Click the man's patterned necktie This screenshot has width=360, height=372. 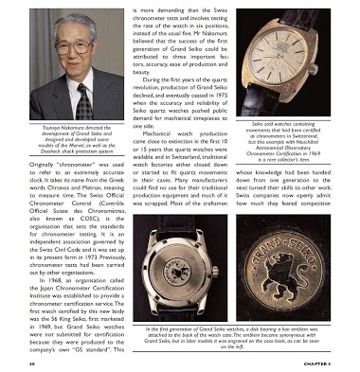click(x=83, y=98)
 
